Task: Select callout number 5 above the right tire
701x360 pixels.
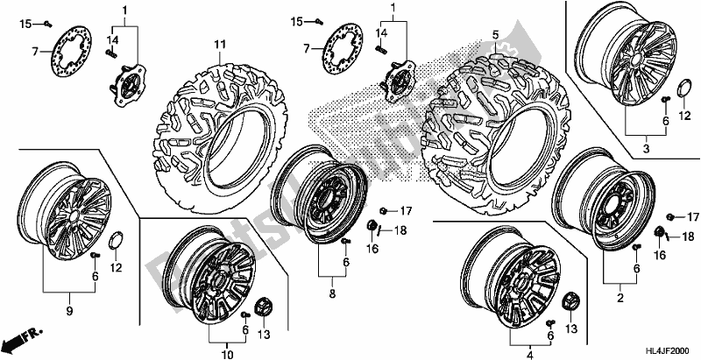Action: [x=496, y=35]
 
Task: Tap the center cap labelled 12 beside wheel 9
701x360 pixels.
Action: [x=117, y=239]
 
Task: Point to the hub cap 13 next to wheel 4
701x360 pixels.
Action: [x=570, y=300]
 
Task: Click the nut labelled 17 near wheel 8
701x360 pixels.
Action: [x=385, y=210]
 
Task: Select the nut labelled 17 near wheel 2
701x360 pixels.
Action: [x=671, y=217]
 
